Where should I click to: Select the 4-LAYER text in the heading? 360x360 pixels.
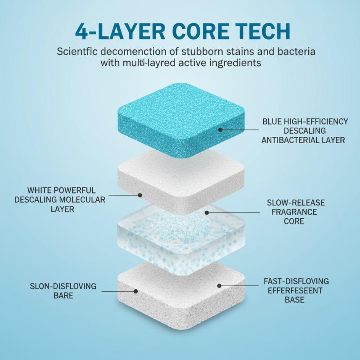120,31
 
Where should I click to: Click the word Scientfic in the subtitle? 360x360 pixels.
77,51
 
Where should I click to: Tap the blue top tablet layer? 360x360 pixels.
181,120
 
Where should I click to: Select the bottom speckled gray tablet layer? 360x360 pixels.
181,296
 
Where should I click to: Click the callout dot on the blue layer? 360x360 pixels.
220,130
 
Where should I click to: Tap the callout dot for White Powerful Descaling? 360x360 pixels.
140,195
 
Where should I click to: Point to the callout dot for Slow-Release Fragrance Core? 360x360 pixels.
207,213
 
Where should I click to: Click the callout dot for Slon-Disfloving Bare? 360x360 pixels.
136,291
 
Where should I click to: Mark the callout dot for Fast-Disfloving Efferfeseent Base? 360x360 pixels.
219,286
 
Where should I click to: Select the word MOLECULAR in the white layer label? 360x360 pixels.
82,200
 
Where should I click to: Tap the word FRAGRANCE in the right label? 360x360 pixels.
294,212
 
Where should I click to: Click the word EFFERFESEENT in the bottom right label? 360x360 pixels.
295,291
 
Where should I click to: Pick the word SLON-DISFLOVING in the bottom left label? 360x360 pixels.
63,286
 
